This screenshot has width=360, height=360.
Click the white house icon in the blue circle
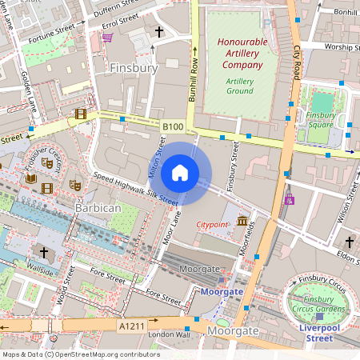click(180, 172)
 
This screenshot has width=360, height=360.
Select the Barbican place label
click(97, 207)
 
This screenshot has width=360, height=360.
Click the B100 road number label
click(172, 126)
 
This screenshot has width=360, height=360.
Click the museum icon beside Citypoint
click(242, 220)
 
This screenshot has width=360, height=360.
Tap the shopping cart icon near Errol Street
click(106, 37)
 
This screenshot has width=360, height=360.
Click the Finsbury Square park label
click(320, 120)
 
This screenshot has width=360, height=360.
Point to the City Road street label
click(296, 60)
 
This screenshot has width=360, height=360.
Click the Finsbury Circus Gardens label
click(318, 303)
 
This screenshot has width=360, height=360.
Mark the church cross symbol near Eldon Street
click(349, 242)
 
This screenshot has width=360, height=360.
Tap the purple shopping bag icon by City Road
click(289, 198)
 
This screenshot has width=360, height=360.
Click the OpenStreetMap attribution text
click(80, 354)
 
